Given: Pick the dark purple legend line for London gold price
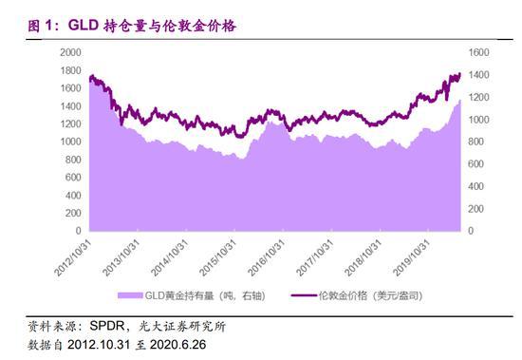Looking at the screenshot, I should tap(302, 295).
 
